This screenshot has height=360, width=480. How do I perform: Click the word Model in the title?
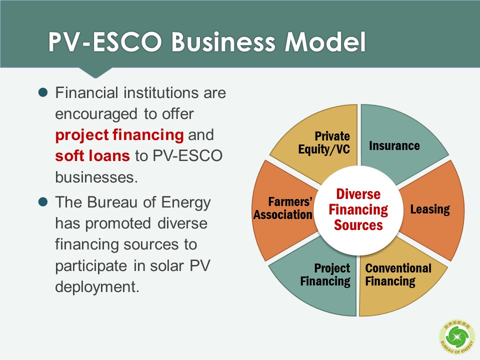(x=325, y=41)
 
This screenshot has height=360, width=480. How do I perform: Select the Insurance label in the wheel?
(x=394, y=145)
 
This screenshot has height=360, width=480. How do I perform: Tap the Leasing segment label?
(x=430, y=209)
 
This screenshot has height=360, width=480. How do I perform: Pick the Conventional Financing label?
(x=398, y=275)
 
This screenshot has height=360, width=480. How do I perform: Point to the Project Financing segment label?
(x=325, y=275)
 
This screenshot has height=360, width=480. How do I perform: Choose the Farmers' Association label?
(x=283, y=208)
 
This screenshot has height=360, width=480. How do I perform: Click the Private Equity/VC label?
(x=324, y=143)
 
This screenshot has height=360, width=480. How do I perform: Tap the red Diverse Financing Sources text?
(x=358, y=209)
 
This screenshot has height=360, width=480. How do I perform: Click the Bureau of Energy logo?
(x=457, y=337)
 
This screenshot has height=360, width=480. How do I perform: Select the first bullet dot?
(x=43, y=92)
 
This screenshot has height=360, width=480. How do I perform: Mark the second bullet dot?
(x=43, y=202)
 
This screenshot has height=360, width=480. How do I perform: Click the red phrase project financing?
(x=119, y=134)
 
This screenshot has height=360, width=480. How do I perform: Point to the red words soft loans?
(x=92, y=155)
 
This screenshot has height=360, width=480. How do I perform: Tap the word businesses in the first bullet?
(x=96, y=177)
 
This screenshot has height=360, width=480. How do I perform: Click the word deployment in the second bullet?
(x=97, y=287)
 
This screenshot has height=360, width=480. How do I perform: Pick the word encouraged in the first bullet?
(x=96, y=114)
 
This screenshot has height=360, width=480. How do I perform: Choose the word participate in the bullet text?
(x=91, y=265)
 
